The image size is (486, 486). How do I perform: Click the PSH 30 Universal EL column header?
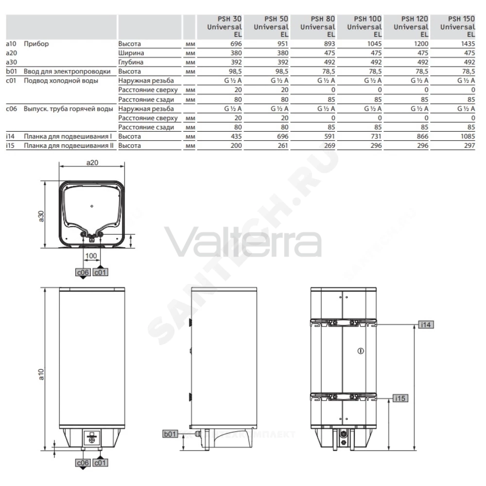pos(225,27)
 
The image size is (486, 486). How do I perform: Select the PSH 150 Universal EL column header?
pos(457,27)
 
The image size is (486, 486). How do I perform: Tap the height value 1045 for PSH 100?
pos(374,44)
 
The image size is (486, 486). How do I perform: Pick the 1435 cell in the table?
pos(468,44)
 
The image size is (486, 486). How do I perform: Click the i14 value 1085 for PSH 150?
pos(468,137)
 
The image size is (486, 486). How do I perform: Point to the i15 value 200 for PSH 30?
pos(236,146)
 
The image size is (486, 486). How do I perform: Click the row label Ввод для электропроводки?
pos(67,71)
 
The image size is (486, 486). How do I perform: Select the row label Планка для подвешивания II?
pos(69,146)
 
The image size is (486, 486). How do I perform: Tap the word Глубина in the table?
pos(131,62)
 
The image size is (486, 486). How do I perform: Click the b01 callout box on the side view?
pos(170,434)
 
